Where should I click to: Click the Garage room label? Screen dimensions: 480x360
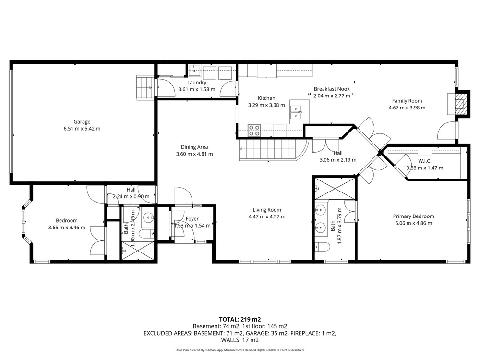pyautogui.click(x=82, y=122)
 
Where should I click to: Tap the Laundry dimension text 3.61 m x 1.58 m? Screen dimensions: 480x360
pyautogui.click(x=197, y=89)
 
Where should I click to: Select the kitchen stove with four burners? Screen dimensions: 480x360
pyautogui.click(x=254, y=130)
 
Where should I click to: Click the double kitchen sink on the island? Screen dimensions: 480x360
pyautogui.click(x=296, y=112)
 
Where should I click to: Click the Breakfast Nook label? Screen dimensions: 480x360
pyautogui.click(x=332, y=89)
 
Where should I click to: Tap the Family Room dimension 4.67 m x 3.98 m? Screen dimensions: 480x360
pyautogui.click(x=407, y=108)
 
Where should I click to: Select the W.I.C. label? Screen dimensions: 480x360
pyautogui.click(x=425, y=161)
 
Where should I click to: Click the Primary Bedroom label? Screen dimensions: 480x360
pyautogui.click(x=414, y=216)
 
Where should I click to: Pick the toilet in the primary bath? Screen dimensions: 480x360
pyautogui.click(x=322, y=247)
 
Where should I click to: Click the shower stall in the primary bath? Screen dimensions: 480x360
pyautogui.click(x=335, y=188)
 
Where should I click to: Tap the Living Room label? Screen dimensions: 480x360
pyautogui.click(x=267, y=210)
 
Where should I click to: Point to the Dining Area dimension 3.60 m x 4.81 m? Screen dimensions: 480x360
pyautogui.click(x=194, y=154)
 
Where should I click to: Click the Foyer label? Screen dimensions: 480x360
pyautogui.click(x=192, y=219)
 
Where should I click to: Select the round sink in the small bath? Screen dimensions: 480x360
pyautogui.click(x=149, y=218)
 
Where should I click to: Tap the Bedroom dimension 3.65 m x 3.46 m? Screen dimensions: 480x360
pyautogui.click(x=67, y=228)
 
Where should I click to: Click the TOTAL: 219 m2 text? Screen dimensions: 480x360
pyautogui.click(x=240, y=320)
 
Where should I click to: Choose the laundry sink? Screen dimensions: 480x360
pyautogui.click(x=194, y=71)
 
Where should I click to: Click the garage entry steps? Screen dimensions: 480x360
pyautogui.click(x=145, y=87)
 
